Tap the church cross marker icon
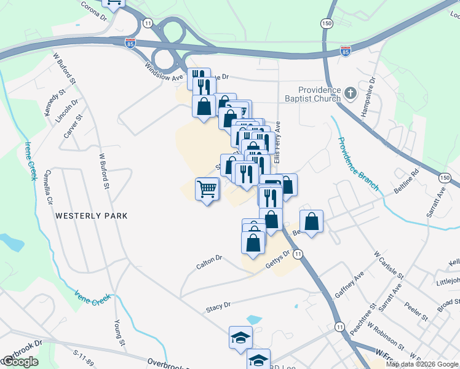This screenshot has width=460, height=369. tap(351, 93)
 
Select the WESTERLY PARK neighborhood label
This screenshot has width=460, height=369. tap(91, 216)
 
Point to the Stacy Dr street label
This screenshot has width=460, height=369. tap(218, 305)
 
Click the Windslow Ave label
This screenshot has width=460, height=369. tap(165, 73)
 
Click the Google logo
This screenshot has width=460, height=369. tap(20, 362)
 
